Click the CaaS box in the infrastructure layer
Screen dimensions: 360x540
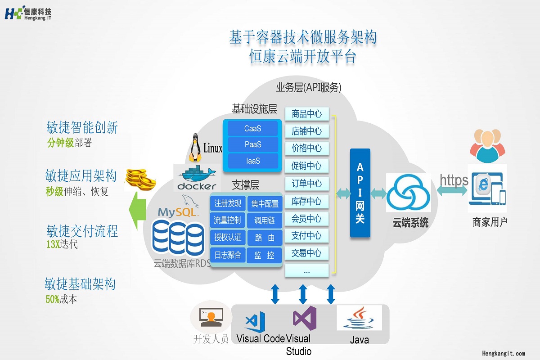[252, 129]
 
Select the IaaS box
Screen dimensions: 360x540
[252, 161]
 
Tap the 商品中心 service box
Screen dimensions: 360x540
[307, 114]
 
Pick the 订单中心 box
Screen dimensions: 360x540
[307, 184]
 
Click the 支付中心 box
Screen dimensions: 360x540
[307, 236]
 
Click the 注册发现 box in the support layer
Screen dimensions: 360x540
[228, 203]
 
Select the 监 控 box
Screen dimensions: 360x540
[265, 256]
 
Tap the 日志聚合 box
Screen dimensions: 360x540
[228, 256]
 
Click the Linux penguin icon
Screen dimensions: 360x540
[195, 147]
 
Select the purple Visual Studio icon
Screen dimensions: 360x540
[304, 318]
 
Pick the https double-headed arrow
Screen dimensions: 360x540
[452, 191]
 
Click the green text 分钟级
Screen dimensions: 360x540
[60, 143]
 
